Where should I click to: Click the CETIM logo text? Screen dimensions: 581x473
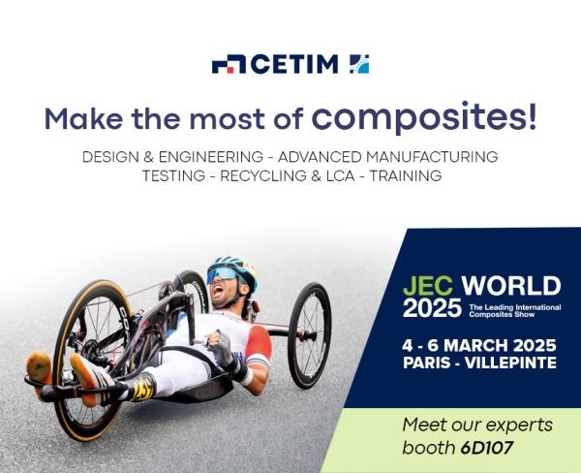pos(295,64)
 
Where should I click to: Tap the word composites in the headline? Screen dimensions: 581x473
pos(424,117)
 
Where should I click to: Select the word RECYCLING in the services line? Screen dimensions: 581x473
pos(263,175)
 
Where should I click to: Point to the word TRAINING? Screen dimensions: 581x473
pos(406,175)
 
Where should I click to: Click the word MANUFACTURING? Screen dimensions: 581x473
pos(432,157)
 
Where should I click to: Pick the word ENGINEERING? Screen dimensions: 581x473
pos(211,157)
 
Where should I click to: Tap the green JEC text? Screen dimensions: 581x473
pos(428,286)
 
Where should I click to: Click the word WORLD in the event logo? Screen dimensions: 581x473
pos(511,286)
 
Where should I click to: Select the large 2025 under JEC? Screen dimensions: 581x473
pos(432,308)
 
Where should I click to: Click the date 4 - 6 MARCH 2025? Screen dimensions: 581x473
pos(479,346)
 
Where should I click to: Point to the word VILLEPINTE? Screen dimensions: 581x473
pos(510,363)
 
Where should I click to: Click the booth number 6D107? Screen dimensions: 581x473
pos(487,448)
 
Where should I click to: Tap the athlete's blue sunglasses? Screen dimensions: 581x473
pos(223,274)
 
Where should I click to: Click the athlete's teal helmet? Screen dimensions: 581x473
pos(234,268)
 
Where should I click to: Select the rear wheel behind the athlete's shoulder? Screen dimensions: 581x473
pos(310,335)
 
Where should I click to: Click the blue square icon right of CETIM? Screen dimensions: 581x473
pos(359,64)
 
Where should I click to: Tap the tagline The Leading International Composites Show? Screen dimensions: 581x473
pos(515,310)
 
